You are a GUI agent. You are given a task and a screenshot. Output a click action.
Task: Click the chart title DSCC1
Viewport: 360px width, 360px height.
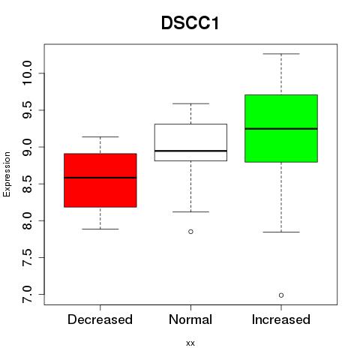click(x=190, y=23)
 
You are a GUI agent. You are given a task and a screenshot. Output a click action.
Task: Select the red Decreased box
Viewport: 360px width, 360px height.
click(x=100, y=180)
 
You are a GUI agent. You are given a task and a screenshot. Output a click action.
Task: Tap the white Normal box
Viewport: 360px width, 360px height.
click(x=190, y=142)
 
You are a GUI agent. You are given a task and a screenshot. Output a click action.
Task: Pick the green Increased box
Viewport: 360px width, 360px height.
click(x=281, y=128)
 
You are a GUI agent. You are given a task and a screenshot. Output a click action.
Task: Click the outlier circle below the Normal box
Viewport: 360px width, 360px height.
click(x=190, y=232)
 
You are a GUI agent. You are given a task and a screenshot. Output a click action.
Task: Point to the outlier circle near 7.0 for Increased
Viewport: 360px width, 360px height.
click(x=281, y=295)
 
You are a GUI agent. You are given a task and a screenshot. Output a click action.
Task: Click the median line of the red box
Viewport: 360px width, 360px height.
click(x=100, y=178)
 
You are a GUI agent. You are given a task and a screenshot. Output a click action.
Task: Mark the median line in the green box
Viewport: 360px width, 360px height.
click(x=281, y=129)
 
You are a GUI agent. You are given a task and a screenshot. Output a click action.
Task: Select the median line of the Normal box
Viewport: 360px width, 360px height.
click(x=190, y=151)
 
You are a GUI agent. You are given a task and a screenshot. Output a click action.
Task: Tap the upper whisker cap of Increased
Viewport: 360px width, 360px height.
click(x=281, y=54)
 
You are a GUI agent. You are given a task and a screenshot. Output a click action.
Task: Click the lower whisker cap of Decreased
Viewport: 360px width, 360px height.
click(x=100, y=229)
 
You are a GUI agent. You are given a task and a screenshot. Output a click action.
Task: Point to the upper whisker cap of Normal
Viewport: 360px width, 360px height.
click(x=190, y=103)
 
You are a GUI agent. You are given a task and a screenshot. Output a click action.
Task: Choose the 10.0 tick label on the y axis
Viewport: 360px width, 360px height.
click(x=27, y=73)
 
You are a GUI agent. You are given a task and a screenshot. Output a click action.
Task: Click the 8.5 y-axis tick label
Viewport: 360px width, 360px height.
click(x=27, y=184)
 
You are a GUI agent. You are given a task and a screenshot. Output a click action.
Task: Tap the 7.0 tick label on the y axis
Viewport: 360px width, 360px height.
click(x=27, y=295)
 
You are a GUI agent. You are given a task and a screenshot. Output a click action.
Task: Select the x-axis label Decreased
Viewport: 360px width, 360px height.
click(x=100, y=319)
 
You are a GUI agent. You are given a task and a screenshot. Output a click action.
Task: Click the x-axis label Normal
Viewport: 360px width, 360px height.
click(x=190, y=319)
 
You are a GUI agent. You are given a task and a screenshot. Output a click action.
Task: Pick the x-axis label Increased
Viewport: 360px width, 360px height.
click(x=281, y=319)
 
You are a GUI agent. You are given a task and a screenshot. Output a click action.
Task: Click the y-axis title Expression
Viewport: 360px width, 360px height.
click(x=7, y=175)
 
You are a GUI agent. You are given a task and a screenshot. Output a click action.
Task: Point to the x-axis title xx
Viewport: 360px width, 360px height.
click(x=190, y=343)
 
